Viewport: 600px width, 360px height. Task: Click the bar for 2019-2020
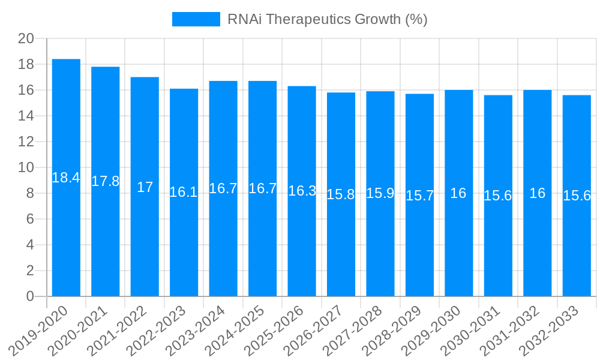(x=66, y=180)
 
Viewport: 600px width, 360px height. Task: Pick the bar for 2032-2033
(x=577, y=198)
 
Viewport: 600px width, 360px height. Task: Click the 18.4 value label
(x=66, y=178)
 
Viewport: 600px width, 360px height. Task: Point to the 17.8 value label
(x=106, y=181)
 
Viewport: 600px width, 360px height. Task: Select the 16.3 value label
(x=302, y=191)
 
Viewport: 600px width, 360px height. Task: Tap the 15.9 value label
(x=380, y=193)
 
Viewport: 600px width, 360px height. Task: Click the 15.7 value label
(x=419, y=196)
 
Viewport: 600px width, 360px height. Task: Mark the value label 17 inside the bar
(x=145, y=187)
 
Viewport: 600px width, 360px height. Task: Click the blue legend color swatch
(x=196, y=19)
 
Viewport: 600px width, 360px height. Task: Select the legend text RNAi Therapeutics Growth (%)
(x=327, y=19)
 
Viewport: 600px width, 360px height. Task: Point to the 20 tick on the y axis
(x=26, y=39)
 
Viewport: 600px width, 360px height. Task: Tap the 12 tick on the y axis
(x=26, y=142)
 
